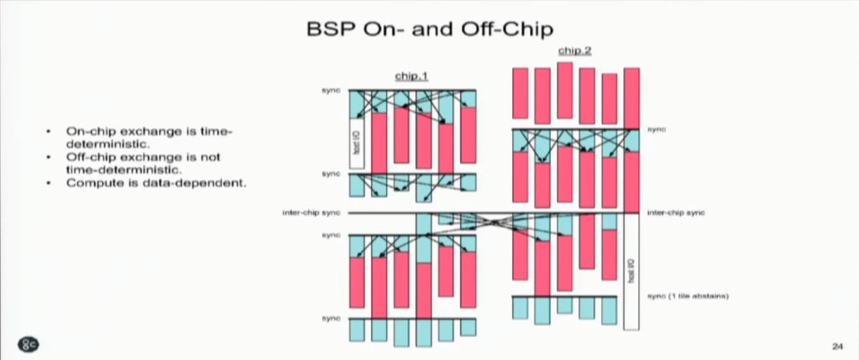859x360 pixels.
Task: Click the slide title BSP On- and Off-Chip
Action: (430, 29)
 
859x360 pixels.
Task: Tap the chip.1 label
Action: (411, 76)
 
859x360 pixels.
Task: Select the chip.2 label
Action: (574, 50)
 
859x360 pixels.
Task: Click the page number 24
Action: (837, 346)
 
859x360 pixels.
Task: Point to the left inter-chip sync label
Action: (311, 213)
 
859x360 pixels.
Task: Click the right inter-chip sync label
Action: (676, 213)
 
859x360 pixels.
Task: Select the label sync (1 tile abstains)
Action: (688, 296)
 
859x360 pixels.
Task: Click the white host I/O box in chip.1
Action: (357, 143)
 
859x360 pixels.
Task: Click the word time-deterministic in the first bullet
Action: (206, 132)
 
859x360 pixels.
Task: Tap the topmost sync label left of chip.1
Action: (331, 91)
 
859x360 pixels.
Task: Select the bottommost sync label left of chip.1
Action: (331, 319)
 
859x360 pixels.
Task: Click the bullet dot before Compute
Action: (49, 183)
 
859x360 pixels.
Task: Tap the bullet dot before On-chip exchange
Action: (49, 132)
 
